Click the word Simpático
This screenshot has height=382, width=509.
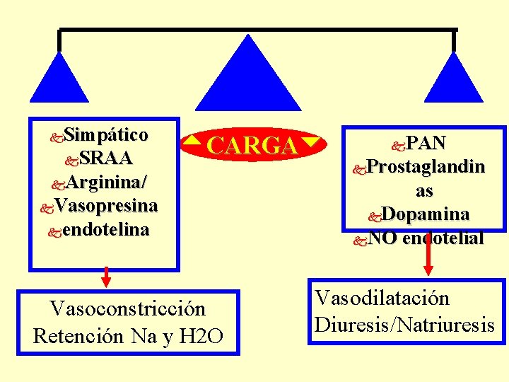click(105, 134)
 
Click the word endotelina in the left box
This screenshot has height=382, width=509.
click(105, 230)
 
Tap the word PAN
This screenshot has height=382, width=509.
click(428, 143)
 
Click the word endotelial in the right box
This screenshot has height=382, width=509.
click(443, 238)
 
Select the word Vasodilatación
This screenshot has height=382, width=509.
click(382, 299)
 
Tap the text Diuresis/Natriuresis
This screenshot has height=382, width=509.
click(405, 325)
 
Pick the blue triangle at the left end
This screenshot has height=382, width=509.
click(59, 81)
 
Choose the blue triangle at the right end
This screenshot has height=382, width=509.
click(453, 81)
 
